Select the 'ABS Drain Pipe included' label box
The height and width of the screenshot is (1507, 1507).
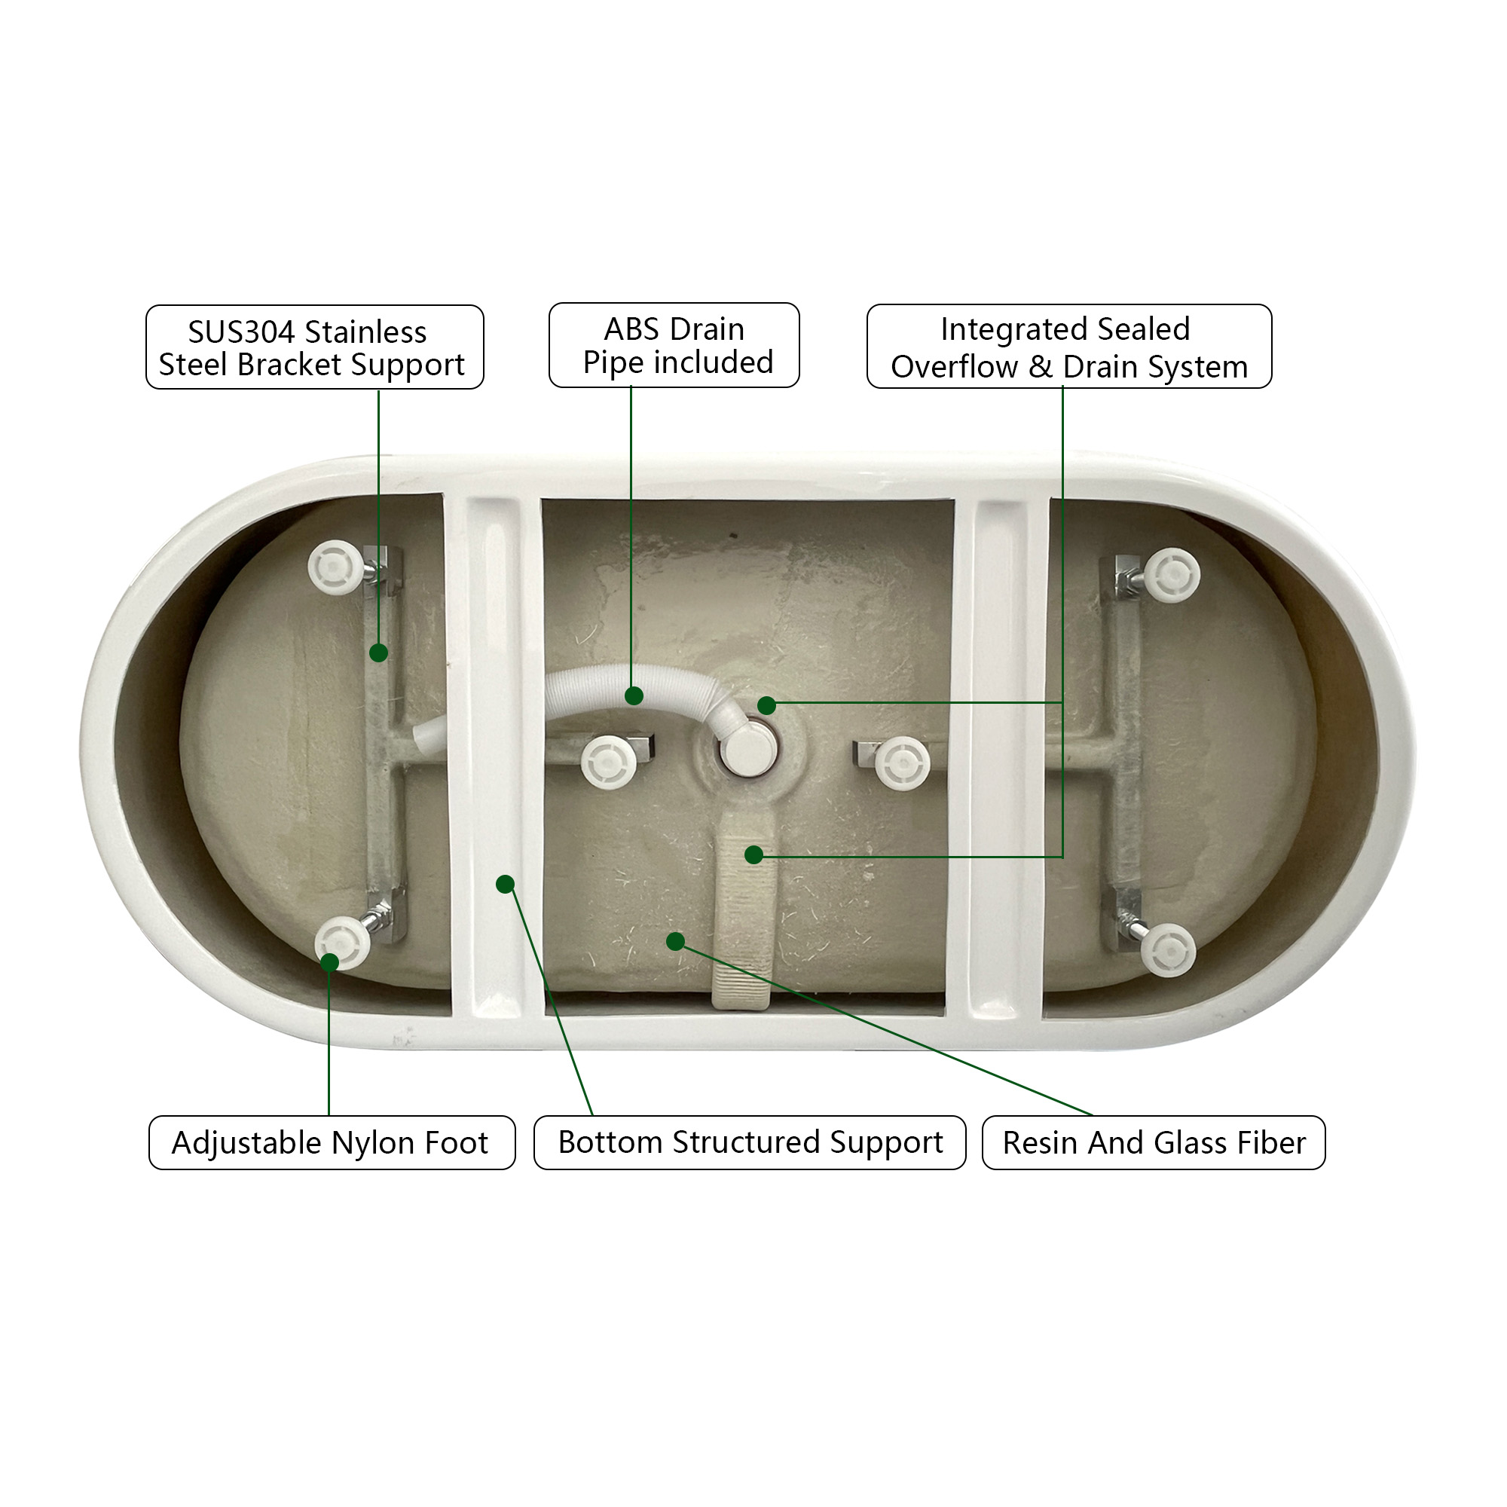674,345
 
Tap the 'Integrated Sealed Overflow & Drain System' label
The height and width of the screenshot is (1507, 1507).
1069,347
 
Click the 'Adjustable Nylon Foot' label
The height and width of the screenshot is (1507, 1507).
332,1143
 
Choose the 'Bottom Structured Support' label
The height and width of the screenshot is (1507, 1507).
750,1143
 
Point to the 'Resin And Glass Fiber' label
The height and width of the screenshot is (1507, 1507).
1154,1143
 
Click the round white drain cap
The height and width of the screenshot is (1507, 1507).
747,748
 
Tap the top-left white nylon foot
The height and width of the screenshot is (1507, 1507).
335,567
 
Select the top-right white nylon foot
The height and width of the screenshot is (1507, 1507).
1172,576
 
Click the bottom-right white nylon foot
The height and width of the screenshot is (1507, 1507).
1168,950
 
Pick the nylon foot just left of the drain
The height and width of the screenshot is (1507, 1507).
609,761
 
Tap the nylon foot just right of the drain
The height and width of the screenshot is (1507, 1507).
903,763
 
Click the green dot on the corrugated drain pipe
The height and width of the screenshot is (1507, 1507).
634,695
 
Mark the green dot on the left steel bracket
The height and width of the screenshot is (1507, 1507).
378,653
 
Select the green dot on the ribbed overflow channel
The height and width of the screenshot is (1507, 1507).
753,854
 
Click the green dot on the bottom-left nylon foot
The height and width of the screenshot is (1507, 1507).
330,962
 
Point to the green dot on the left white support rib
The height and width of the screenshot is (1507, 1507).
506,884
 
